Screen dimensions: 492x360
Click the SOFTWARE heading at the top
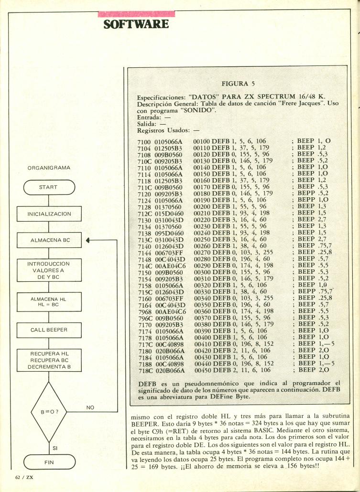[x=136, y=23]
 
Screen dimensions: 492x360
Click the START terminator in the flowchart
[x=48, y=187]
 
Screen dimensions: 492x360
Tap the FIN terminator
[x=48, y=462]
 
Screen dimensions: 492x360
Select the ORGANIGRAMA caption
[x=48, y=168]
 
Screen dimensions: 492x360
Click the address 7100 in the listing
[x=143, y=142]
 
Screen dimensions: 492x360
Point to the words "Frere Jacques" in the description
[x=295, y=104]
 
